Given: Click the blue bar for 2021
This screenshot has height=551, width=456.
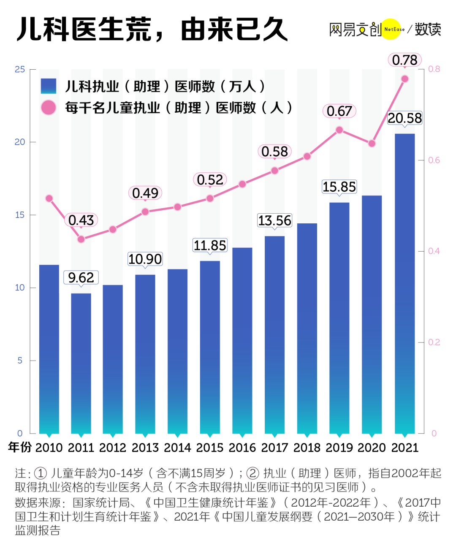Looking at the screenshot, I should pos(404,283).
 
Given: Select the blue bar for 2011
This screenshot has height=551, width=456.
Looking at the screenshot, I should pos(81,363).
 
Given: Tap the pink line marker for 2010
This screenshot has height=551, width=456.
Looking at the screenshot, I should pos(49,198).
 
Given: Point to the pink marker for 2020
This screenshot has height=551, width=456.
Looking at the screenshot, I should pos(372,144).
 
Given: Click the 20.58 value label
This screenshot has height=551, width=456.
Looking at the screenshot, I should pos(404,118).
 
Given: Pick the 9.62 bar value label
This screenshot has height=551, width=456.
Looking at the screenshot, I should pos(81,278).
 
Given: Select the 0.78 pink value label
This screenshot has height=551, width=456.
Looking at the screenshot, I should pos(404,60).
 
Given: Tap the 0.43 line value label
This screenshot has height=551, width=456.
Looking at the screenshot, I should pos(81,220).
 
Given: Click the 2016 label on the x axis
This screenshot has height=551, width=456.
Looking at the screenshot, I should pos(242,448).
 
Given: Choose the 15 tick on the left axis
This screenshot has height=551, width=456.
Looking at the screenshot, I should pos(20,215).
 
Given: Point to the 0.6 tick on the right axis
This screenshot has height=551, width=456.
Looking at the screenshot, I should pos(434,160).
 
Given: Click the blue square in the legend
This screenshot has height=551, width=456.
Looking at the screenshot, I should pos(49,86).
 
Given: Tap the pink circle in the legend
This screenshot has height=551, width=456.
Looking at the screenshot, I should pos(49,108).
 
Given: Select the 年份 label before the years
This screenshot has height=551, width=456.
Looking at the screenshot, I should pos(20,447).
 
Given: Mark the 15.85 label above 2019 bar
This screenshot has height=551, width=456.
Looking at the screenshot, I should pos(339,187).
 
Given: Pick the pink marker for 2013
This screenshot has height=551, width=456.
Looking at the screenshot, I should pos(145,212).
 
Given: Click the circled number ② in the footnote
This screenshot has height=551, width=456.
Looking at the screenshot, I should pos(252,473).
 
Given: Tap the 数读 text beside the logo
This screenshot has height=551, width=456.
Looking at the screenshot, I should pos(428,29).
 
